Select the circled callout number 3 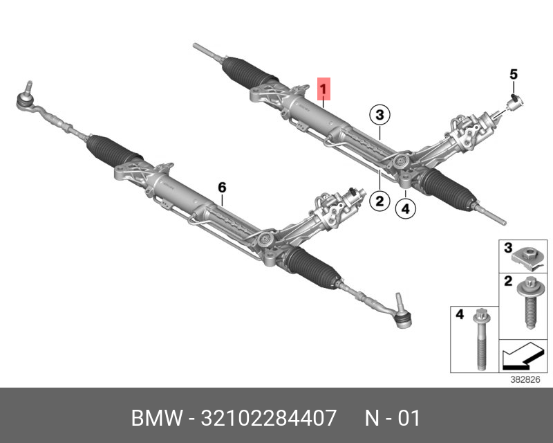point(379,114)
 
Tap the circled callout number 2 point(379,201)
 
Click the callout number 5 point(513,73)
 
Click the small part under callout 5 point(514,104)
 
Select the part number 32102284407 point(270,419)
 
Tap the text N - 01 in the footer point(392,419)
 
